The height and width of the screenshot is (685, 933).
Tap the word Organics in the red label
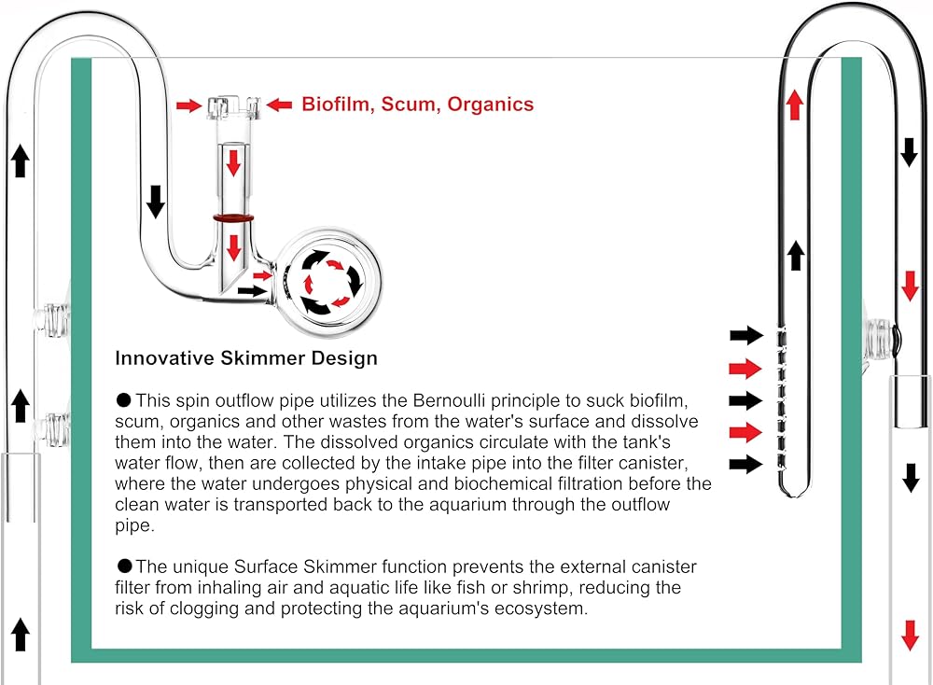491,105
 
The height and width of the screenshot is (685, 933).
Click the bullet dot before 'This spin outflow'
124,400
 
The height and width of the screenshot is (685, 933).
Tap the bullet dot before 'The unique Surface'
124,566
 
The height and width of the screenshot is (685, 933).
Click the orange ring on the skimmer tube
234,218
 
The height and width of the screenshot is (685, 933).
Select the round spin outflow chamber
328,281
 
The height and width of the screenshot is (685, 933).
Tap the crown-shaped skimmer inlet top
234,107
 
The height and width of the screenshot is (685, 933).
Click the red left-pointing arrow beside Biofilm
279,105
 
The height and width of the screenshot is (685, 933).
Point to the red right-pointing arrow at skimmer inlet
189,106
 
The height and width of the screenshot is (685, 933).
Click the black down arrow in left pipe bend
156,202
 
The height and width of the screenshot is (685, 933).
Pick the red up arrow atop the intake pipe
794,105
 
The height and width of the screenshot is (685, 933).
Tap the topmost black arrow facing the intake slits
746,335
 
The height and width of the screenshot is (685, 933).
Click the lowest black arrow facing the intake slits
746,464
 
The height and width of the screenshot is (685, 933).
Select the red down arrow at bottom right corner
910,635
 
